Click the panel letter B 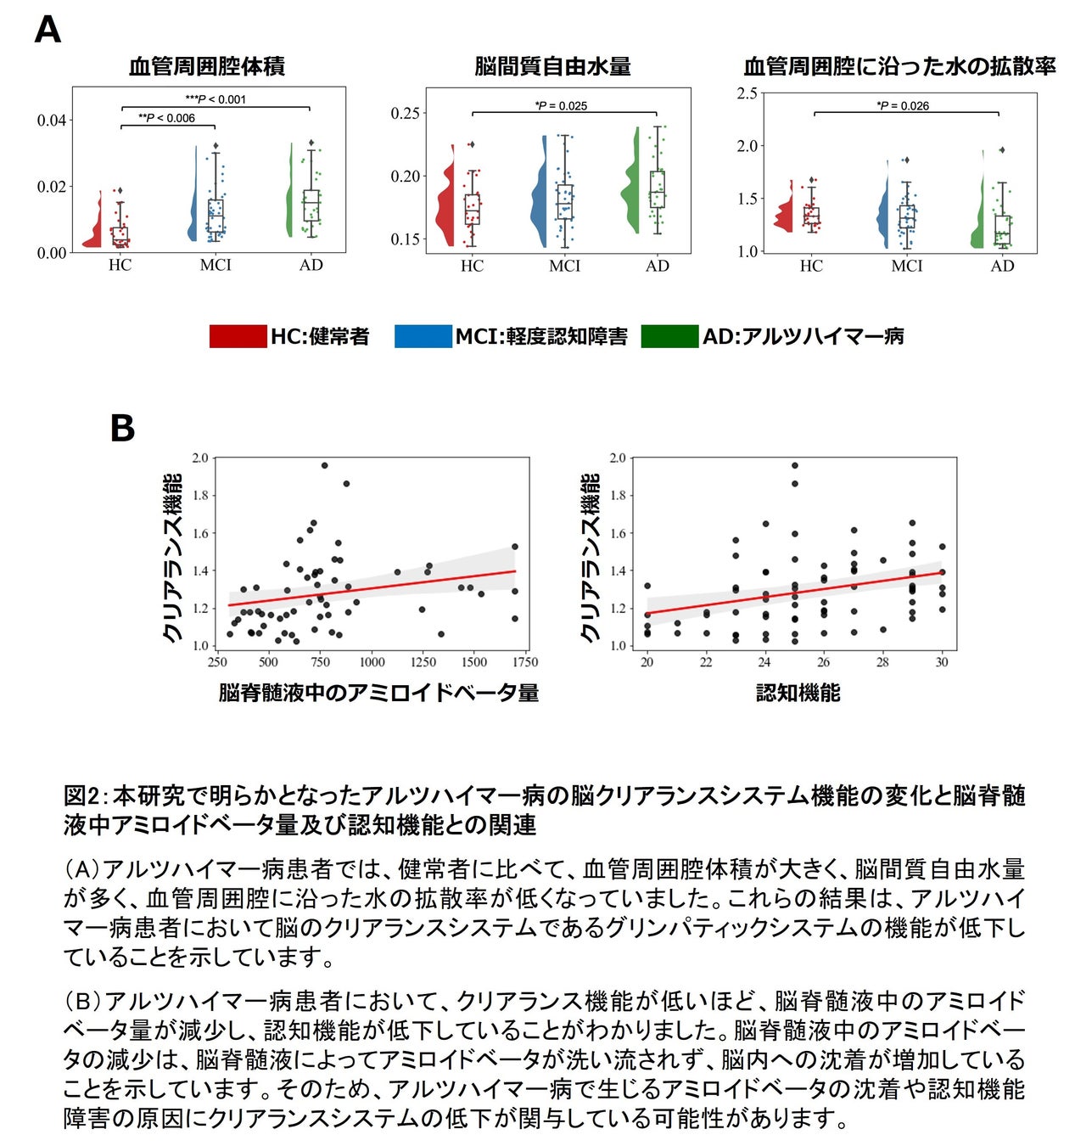click(x=122, y=428)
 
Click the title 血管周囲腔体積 click(x=207, y=66)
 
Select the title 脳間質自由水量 click(x=552, y=66)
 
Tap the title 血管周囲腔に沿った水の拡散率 click(x=899, y=66)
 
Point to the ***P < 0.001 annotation click(x=216, y=99)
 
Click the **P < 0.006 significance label click(x=166, y=118)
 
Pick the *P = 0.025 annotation click(x=561, y=106)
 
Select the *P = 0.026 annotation click(x=903, y=106)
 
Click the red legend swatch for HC click(x=238, y=336)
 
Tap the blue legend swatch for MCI click(x=423, y=336)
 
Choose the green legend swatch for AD click(x=669, y=336)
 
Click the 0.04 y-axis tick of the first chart click(x=51, y=121)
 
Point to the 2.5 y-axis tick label click(x=747, y=93)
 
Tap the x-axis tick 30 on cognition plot click(x=942, y=662)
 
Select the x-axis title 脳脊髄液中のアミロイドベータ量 click(x=378, y=694)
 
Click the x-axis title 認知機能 click(x=798, y=694)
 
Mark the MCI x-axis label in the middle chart click(x=564, y=266)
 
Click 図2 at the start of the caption click(x=81, y=796)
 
